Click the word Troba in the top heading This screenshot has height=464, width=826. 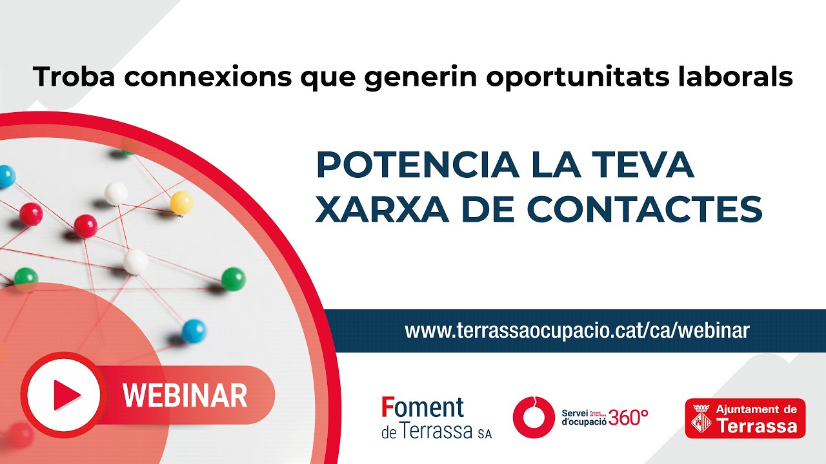pos(74,77)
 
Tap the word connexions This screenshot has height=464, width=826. pos(208,77)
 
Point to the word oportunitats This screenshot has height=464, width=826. pos(578,79)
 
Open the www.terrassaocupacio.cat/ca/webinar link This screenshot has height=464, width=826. pos(577,331)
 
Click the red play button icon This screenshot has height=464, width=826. pos(64,395)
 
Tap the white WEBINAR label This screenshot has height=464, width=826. pos(185,395)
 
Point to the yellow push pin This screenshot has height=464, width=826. pos(181,202)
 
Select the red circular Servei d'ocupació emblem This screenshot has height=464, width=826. pos(533,417)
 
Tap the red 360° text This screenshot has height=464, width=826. pos(629,417)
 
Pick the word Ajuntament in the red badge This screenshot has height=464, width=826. pos(747,409)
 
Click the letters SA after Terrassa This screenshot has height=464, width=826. pos(485,434)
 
